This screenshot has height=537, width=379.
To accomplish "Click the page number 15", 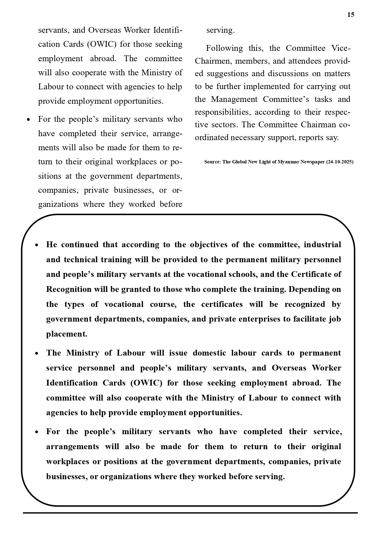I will (x=351, y=15).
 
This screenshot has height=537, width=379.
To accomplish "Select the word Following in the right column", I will (x=224, y=48).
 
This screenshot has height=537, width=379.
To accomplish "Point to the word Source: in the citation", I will (x=213, y=162).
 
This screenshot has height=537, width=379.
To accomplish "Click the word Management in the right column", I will (x=234, y=99).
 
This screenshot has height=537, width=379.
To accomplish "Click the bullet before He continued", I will (x=37, y=245).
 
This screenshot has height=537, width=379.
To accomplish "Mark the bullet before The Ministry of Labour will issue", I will (x=37, y=353).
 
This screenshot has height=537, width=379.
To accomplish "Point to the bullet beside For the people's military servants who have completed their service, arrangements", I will (x=37, y=432).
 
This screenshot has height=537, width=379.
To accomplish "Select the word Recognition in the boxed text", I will (x=69, y=289).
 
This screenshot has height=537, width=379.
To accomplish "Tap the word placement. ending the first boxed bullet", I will (x=67, y=334).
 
